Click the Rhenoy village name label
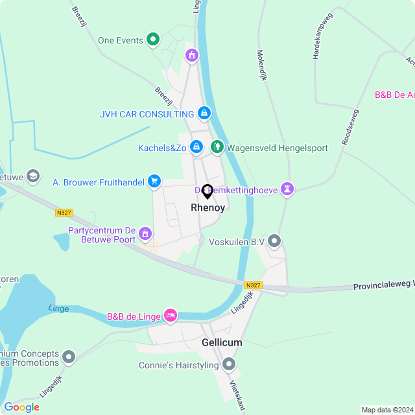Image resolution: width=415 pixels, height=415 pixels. pyautogui.click(x=207, y=207)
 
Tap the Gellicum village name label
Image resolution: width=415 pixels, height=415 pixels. pyautogui.click(x=222, y=342)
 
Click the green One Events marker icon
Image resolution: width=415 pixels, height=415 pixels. pyautogui.click(x=153, y=40)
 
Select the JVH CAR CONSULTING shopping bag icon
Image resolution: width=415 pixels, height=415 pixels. pyautogui.click(x=204, y=113)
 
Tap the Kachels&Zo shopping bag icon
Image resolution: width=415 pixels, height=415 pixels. pyautogui.click(x=196, y=148)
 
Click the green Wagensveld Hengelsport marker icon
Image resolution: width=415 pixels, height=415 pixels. pyautogui.click(x=217, y=148)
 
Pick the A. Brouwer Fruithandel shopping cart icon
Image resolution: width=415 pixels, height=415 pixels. pyautogui.click(x=154, y=182)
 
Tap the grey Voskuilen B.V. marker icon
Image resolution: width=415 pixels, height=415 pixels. pyautogui.click(x=274, y=242)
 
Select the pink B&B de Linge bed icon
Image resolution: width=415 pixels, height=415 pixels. pyautogui.click(x=170, y=316)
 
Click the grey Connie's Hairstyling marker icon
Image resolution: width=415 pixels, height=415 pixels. pyautogui.click(x=228, y=365)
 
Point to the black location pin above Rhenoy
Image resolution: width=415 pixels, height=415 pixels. pyautogui.click(x=207, y=191)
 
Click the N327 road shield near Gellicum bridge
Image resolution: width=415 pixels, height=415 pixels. pyautogui.click(x=253, y=285)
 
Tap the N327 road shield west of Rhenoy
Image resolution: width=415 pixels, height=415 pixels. pyautogui.click(x=64, y=212)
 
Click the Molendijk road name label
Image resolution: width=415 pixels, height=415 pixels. pyautogui.click(x=262, y=65)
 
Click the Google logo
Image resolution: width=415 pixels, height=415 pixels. pyautogui.click(x=21, y=407)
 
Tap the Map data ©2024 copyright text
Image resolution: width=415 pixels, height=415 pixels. pyautogui.click(x=387, y=410)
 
